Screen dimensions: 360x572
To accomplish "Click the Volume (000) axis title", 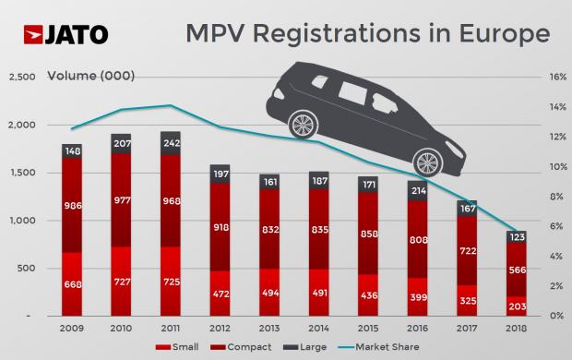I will tap(84, 76).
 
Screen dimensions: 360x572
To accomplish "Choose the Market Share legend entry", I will tap(399, 348).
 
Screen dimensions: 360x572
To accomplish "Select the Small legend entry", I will tap(185, 348).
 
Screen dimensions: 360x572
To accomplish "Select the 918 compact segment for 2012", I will tap(219, 227).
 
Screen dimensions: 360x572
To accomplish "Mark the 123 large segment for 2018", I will tap(518, 237).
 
